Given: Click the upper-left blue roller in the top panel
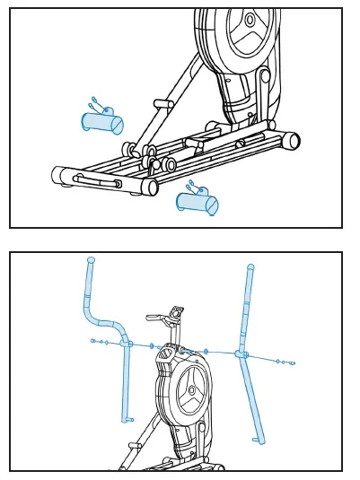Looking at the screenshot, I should [x=102, y=122].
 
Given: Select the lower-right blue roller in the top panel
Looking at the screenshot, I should [x=198, y=203].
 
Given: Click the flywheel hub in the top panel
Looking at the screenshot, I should [x=250, y=20].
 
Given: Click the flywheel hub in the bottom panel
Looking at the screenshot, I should [x=191, y=390].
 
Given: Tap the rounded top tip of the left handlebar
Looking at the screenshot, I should [x=91, y=260].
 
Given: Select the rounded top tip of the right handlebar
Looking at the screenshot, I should [x=250, y=267].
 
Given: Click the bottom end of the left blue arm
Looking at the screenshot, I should [x=127, y=418].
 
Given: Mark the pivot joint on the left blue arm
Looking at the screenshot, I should [x=127, y=344].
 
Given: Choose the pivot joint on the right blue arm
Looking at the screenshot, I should [x=241, y=354].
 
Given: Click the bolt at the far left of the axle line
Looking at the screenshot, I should [x=93, y=341].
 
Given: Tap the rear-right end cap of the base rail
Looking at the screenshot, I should [x=291, y=141].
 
